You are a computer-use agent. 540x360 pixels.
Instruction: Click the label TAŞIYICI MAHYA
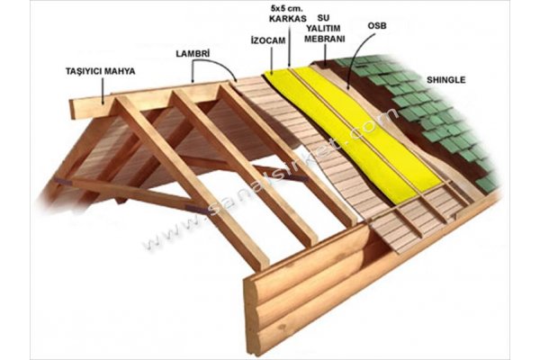pos(101,71)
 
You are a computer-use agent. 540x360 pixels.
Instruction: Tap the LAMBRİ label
pos(193,54)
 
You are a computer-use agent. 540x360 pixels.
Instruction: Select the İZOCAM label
pos(268,40)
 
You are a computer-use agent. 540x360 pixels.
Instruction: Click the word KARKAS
pos(288,19)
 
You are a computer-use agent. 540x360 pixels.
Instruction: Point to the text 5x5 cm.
pos(287,7)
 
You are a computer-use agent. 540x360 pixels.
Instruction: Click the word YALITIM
pos(324,28)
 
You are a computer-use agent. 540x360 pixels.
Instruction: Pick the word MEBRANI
pos(324,39)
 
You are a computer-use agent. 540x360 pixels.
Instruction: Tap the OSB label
pos(377,25)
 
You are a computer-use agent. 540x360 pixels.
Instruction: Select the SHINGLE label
pos(446,80)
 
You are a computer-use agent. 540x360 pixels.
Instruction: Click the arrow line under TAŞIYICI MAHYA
pos(103,90)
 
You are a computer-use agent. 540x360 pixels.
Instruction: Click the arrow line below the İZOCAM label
pos(272,60)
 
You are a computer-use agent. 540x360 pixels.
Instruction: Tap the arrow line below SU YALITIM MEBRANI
pos(325,55)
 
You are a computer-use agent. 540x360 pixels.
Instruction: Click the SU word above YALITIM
pos(323,17)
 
